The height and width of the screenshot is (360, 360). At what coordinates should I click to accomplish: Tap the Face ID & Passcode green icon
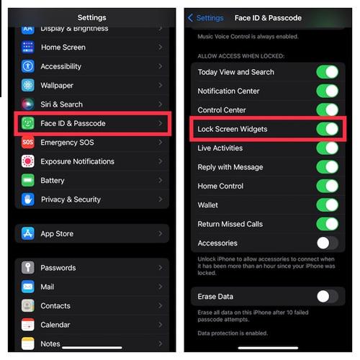coord(28,123)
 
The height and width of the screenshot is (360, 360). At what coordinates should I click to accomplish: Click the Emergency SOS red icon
coord(28,143)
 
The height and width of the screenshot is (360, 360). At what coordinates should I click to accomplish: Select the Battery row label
coord(53,181)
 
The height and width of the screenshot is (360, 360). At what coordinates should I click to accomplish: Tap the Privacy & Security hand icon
coord(28,199)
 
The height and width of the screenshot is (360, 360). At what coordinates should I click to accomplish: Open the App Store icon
coord(28,233)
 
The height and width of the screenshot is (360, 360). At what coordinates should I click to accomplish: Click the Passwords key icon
coord(28,268)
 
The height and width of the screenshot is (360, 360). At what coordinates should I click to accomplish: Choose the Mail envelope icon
coord(28,287)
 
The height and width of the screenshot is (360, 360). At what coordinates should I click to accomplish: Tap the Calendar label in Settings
coord(55,325)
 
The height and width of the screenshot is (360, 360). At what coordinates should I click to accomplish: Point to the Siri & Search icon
coord(28,104)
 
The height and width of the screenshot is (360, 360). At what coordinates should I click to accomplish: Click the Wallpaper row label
coord(57,85)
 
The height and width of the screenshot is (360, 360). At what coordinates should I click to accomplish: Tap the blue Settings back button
coord(206,17)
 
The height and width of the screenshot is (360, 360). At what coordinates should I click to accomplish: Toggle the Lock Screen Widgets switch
coord(327,129)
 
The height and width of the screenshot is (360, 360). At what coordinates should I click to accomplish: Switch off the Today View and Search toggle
coord(327,72)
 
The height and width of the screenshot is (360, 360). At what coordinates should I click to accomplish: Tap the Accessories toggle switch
coord(327,243)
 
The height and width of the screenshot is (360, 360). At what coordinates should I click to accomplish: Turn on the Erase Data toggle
coord(327,296)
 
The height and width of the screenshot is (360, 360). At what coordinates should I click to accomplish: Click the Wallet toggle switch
coord(327,205)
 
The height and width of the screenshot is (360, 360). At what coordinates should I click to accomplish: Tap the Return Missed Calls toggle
coord(327,224)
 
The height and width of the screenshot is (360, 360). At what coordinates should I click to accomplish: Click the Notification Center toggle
coord(327,91)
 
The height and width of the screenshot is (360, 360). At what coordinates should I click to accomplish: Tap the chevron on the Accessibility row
coord(160,66)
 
